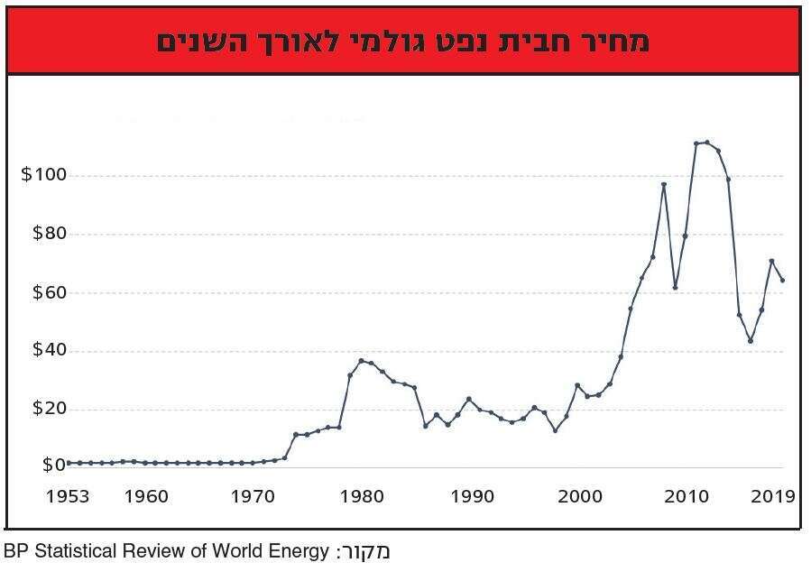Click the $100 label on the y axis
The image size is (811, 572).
[x=42, y=174]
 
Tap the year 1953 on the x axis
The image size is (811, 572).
[x=69, y=495]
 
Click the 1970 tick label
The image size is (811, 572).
[x=253, y=495]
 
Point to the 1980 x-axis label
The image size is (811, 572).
[x=362, y=495]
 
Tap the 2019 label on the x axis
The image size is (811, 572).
[x=773, y=495]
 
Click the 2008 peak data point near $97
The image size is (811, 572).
[x=664, y=185]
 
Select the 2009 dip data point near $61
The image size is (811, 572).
[x=675, y=288]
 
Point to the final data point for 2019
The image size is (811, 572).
[x=782, y=281]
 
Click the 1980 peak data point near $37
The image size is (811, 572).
[x=361, y=361]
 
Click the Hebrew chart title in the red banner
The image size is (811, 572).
[x=402, y=42]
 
